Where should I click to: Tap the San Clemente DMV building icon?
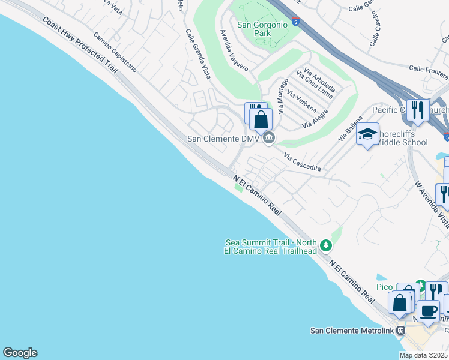coord(269,138)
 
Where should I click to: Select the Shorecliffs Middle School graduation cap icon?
coord(367,135)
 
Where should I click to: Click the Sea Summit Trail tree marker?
coord(325,245)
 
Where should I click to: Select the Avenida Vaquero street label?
coord(234,50)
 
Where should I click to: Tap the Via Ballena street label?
coord(352,128)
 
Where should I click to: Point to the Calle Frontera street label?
coord(429,73)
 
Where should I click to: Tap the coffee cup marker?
coord(429,311)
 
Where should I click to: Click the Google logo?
coord(20,353)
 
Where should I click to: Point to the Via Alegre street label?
coord(315,118)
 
